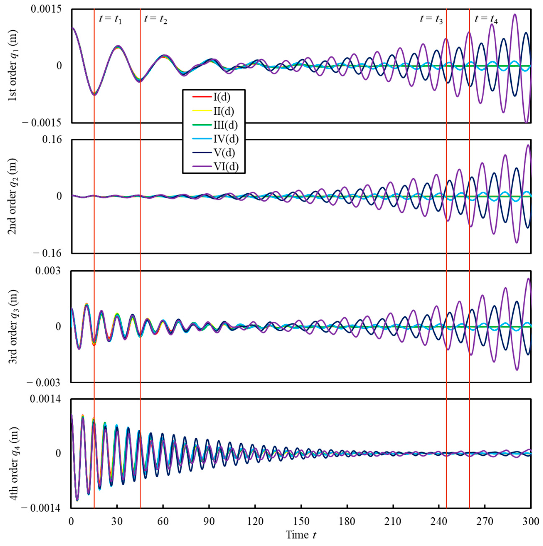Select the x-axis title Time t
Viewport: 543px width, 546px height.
tap(301, 535)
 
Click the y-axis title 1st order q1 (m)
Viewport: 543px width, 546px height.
tap(13, 65)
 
